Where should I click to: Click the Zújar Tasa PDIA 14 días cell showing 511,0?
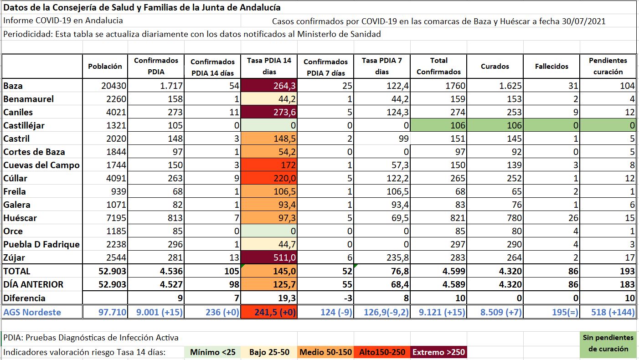tap(269, 257)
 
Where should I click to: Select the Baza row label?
tap(13, 86)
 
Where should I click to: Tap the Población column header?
tap(105, 66)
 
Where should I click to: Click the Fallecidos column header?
tap(551, 66)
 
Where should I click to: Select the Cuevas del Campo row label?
tap(41, 165)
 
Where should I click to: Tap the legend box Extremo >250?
tap(438, 352)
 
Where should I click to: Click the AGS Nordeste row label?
tap(32, 312)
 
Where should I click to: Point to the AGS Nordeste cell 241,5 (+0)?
tap(269, 312)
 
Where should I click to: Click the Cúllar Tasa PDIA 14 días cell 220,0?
tap(269, 178)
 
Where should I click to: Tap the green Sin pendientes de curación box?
tap(608, 343)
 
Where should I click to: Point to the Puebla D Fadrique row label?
tap(41, 244)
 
